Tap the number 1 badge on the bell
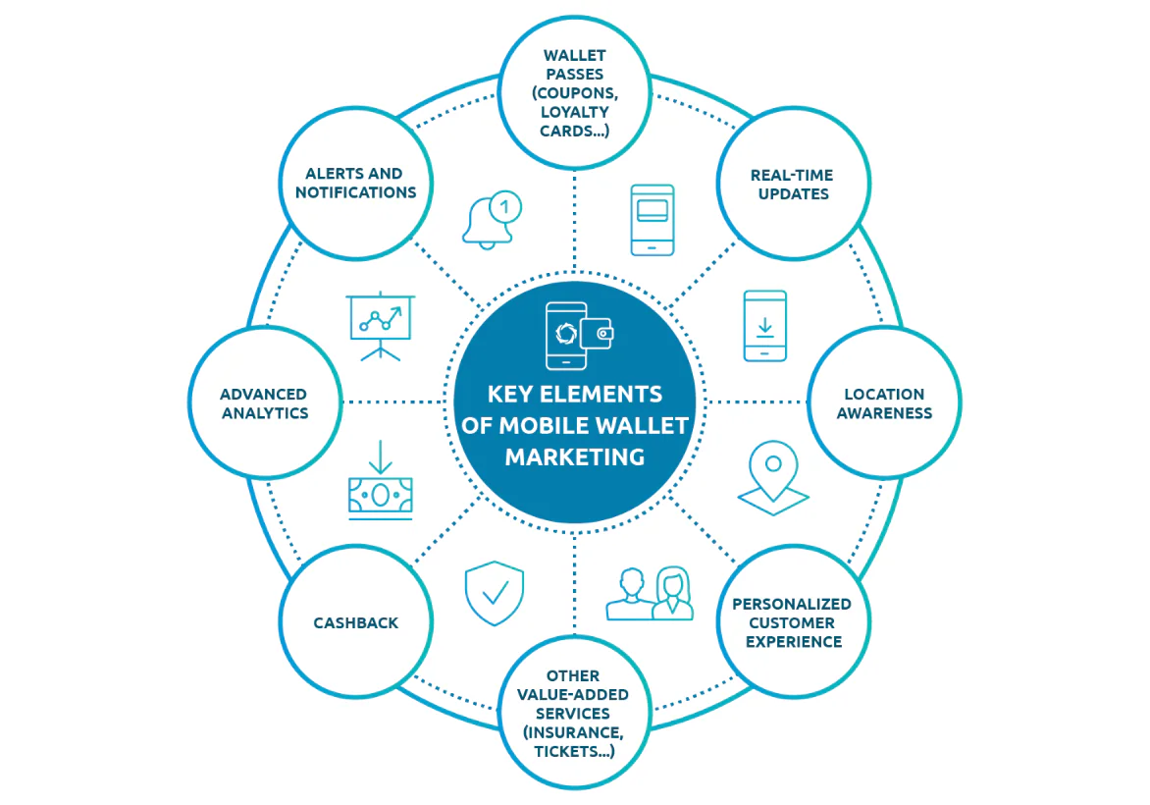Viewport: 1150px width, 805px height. click(x=504, y=208)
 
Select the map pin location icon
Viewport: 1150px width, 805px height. click(x=773, y=478)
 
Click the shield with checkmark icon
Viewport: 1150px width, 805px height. click(x=495, y=593)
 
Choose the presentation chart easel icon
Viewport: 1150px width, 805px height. click(x=380, y=327)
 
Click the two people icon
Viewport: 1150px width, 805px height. click(x=650, y=593)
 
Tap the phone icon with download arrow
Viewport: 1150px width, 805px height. click(x=765, y=326)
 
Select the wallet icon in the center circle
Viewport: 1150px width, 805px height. click(x=597, y=334)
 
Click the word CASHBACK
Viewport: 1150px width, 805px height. click(x=356, y=623)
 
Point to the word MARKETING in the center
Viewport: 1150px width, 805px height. click(x=575, y=457)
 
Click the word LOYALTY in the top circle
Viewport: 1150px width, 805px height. click(x=574, y=112)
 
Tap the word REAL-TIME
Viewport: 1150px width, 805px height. click(x=791, y=176)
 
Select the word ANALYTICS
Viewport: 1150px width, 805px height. click(x=265, y=413)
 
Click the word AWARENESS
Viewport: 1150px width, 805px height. click(x=884, y=413)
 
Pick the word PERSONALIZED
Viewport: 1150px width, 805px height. click(x=791, y=604)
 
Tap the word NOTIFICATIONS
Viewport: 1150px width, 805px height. click(x=356, y=192)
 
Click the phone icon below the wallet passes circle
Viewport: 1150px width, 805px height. click(x=652, y=220)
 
